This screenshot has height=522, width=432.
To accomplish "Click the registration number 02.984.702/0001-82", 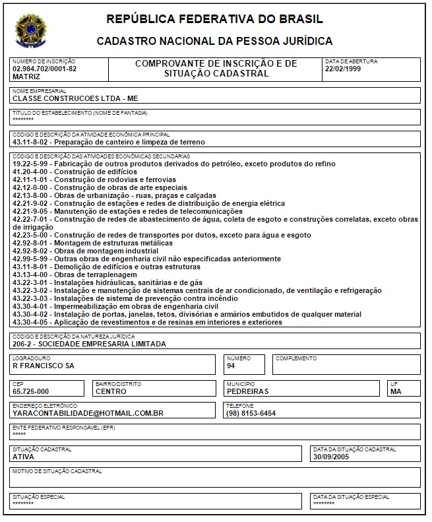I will (x=44, y=69).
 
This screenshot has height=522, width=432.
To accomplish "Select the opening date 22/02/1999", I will (x=343, y=69).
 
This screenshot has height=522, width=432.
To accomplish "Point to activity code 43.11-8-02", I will (x=32, y=142).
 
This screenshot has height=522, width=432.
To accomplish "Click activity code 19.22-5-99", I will (x=32, y=163).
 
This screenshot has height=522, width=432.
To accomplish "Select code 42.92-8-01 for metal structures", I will (x=32, y=243).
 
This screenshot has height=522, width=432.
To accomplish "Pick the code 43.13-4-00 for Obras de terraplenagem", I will (x=32, y=275).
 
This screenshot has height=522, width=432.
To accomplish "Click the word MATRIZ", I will (x=26, y=77).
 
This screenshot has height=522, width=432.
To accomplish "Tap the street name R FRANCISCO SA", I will (x=44, y=365).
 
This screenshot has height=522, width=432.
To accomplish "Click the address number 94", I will (x=231, y=365).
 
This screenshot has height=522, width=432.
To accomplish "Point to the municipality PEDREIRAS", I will (x=247, y=391).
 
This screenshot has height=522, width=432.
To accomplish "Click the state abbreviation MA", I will (x=396, y=391).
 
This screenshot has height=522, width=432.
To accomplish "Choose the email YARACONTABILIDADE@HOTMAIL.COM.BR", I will (x=88, y=413).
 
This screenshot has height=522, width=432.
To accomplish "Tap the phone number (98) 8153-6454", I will (x=251, y=413).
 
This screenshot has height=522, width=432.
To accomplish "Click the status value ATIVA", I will (x=24, y=456).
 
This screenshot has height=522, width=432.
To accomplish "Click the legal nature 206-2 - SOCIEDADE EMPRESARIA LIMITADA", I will (x=89, y=343).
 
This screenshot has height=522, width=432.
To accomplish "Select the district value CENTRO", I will (x=111, y=391).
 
